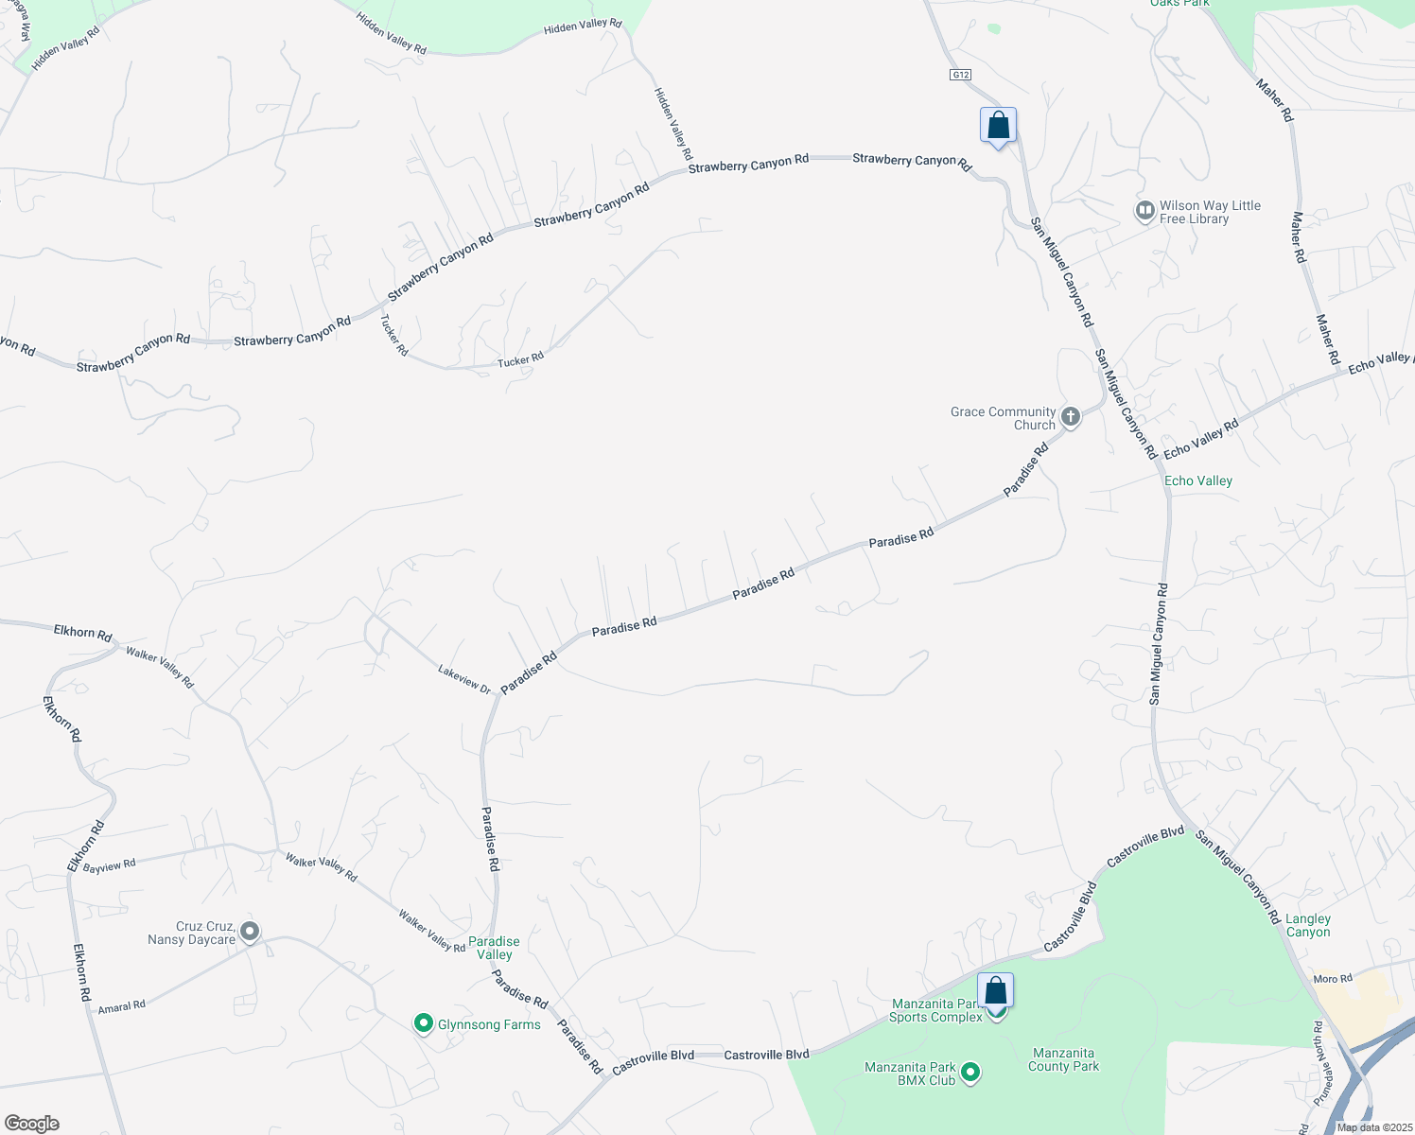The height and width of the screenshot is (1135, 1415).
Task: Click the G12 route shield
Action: (x=961, y=75)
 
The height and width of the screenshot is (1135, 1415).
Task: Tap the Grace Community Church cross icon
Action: (x=1071, y=416)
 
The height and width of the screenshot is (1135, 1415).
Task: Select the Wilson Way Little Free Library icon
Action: (x=1144, y=210)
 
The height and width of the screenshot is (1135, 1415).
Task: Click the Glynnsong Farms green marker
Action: (x=424, y=1023)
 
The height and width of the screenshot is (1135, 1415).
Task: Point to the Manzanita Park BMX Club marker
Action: (x=970, y=1073)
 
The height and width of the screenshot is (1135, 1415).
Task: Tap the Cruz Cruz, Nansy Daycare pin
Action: (x=250, y=932)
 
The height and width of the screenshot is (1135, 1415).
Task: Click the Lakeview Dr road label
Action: (x=464, y=679)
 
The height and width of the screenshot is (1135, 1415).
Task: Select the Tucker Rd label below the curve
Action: (x=520, y=359)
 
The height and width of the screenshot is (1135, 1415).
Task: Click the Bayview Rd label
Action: (x=109, y=865)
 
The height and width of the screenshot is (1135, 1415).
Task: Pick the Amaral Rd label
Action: (x=122, y=1007)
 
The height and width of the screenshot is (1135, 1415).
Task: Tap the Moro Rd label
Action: (x=1332, y=979)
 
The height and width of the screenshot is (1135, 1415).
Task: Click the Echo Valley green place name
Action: (x=1197, y=480)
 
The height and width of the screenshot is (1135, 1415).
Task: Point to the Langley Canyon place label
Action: (x=1308, y=925)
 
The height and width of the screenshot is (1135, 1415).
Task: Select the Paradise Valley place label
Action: (x=494, y=948)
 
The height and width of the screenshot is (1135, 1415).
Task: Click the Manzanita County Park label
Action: (x=1063, y=1059)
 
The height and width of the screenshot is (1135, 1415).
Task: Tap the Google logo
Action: (x=31, y=1124)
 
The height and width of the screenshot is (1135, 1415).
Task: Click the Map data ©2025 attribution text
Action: (x=1374, y=1127)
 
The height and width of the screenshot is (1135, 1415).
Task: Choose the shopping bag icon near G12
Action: (x=999, y=126)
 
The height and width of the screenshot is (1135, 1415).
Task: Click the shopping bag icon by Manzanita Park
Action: (x=995, y=991)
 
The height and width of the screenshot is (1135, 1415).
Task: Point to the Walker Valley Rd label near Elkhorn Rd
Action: (x=160, y=668)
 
